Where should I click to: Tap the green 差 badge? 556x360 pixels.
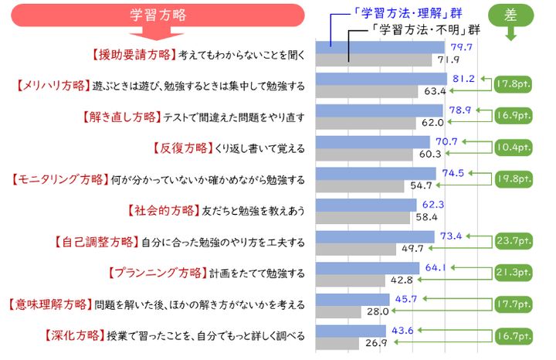[x=510, y=15]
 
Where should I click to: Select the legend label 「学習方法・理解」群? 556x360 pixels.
[x=385, y=14]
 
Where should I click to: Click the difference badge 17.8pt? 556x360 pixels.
[x=514, y=83]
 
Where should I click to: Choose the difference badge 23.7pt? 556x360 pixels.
[x=514, y=241]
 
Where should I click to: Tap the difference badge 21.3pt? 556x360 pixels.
[x=514, y=273]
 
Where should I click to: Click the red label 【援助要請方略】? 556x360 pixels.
[x=132, y=54]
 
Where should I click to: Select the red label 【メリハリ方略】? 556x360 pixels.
[x=52, y=85]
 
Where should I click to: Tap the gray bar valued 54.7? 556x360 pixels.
[x=361, y=186]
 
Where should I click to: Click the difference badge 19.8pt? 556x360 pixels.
[x=514, y=178]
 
